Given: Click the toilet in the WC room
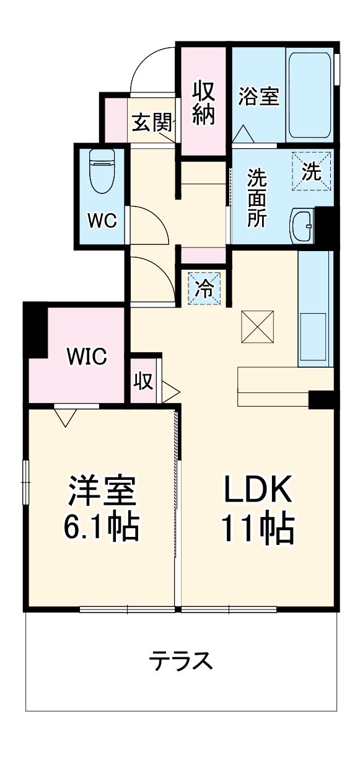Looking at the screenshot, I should [100, 170].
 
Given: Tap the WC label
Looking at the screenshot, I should [100, 221].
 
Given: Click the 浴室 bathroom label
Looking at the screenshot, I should [258, 96].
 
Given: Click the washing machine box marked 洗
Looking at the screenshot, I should [312, 171].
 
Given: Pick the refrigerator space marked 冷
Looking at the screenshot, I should [204, 288].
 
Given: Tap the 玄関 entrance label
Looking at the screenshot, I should [151, 123].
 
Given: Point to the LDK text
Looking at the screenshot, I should [257, 490].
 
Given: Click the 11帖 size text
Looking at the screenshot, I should [257, 529].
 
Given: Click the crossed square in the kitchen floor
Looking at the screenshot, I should [257, 325].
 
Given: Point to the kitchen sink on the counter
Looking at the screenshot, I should [313, 338].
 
